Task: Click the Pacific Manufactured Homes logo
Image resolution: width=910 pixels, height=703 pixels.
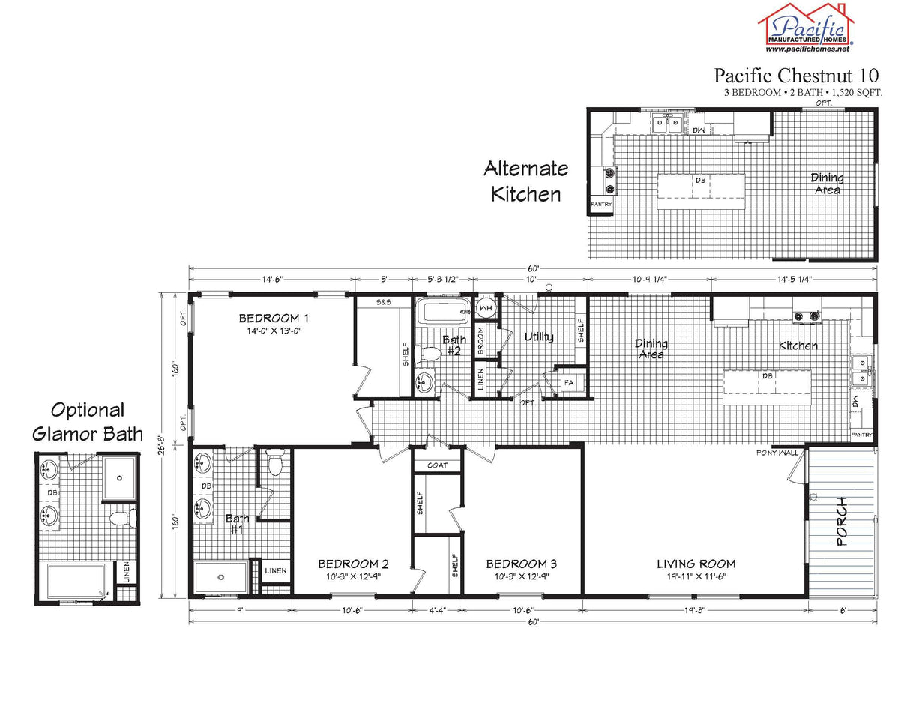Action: click(807, 24)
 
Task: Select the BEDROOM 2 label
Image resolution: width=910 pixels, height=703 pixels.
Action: click(352, 564)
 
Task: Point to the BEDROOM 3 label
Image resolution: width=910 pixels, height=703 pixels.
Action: click(521, 564)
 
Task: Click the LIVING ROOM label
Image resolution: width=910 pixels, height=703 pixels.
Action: click(696, 564)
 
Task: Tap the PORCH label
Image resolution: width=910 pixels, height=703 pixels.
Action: click(843, 521)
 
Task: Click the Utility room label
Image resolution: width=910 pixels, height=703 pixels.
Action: click(539, 337)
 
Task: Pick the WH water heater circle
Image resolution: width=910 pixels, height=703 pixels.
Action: click(485, 307)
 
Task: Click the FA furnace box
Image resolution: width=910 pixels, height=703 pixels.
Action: click(569, 383)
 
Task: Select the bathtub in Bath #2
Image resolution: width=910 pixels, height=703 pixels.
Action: click(443, 310)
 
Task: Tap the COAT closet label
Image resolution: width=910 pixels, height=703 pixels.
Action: click(438, 465)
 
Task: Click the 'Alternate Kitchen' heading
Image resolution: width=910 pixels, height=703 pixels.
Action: click(525, 181)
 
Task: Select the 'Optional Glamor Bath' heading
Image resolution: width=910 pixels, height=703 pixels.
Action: click(87, 422)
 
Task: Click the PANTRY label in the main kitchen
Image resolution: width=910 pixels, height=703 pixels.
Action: click(862, 435)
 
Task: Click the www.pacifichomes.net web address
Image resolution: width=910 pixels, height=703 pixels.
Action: click(807, 49)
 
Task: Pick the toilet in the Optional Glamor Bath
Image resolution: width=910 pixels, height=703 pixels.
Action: click(121, 518)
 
